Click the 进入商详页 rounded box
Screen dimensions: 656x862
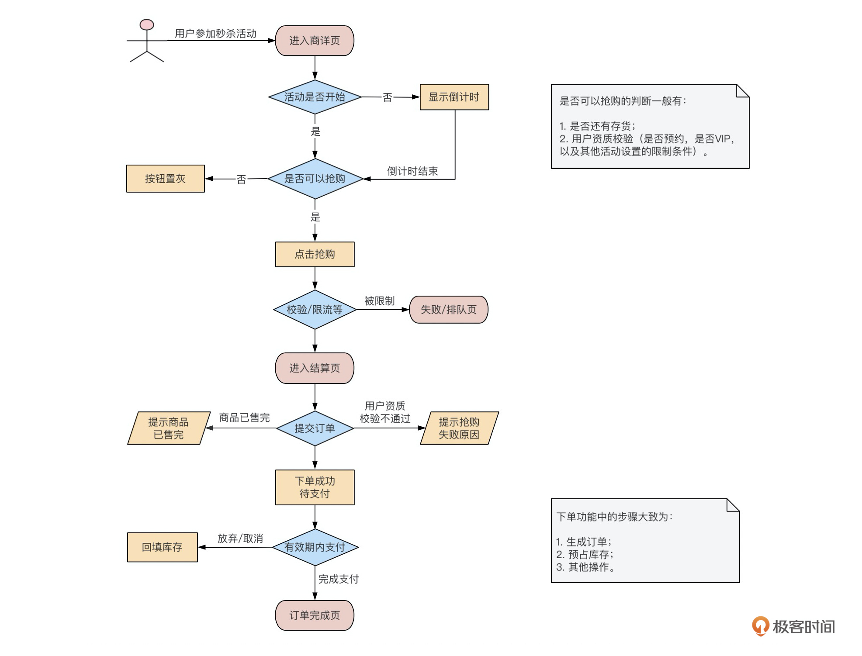(x=315, y=41)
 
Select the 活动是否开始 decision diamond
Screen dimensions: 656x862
(x=315, y=97)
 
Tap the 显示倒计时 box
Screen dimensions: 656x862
(x=454, y=97)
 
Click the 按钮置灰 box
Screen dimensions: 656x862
(x=165, y=179)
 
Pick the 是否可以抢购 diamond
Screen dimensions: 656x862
(x=315, y=179)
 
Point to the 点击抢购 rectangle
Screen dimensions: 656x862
(x=315, y=254)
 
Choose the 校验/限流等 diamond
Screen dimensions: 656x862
(x=315, y=310)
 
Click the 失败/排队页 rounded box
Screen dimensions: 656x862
(x=448, y=310)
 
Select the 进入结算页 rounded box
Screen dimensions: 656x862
(x=315, y=368)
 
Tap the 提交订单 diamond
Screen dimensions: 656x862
(x=315, y=428)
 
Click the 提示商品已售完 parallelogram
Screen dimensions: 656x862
(x=168, y=428)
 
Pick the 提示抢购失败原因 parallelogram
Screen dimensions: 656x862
(x=459, y=428)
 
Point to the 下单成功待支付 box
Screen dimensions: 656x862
(x=315, y=487)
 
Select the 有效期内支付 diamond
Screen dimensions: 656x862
(x=315, y=547)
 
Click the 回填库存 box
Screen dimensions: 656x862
(x=162, y=547)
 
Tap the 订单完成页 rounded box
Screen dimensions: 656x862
(x=315, y=615)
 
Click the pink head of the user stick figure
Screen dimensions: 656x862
(x=147, y=24)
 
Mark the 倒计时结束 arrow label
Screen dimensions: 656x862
(x=412, y=171)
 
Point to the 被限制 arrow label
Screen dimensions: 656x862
(x=379, y=301)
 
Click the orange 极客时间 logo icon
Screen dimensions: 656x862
(x=760, y=626)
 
